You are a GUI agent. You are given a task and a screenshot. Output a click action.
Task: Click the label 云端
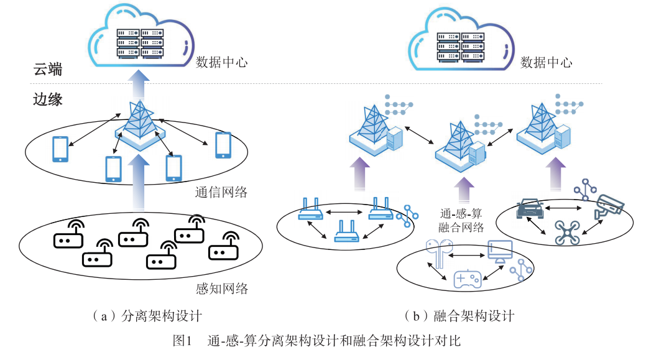(x=47, y=69)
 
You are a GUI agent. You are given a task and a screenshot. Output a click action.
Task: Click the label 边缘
(x=47, y=99)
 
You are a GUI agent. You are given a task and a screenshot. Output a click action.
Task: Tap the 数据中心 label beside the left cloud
(x=222, y=62)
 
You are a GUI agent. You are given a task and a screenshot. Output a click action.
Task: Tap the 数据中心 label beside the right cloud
(x=546, y=62)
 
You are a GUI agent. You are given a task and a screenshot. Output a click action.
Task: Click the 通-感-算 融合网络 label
(x=461, y=219)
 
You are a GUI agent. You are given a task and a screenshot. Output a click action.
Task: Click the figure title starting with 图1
(x=317, y=340)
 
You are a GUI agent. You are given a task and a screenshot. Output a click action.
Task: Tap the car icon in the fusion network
(x=530, y=210)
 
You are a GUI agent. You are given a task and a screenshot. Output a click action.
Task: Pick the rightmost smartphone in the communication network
(x=223, y=145)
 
